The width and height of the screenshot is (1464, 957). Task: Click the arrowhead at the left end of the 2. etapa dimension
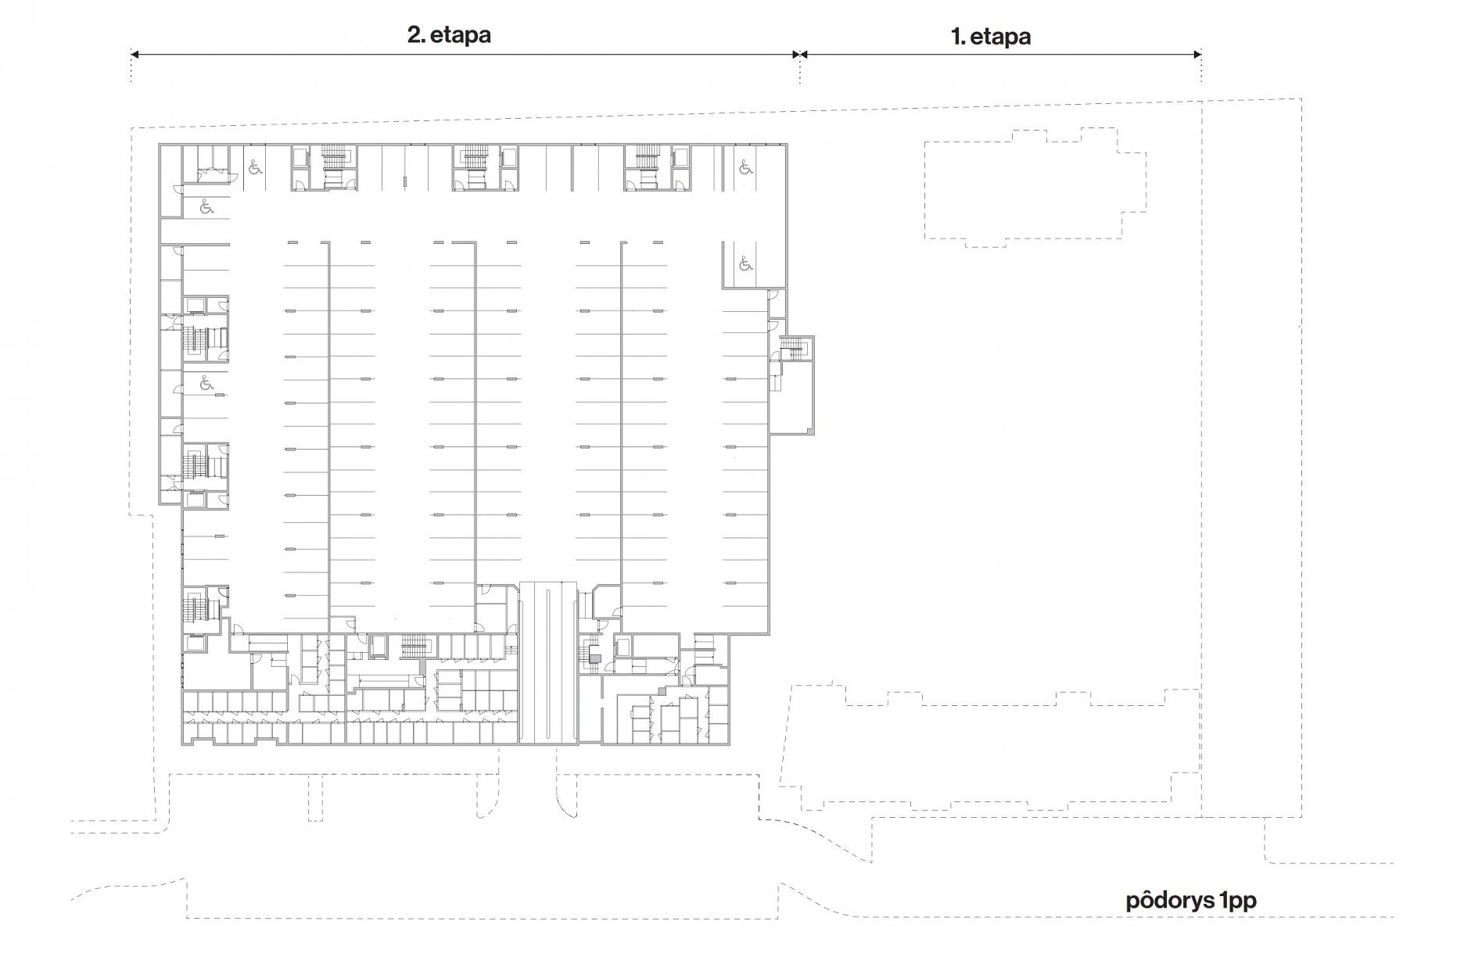point(135,54)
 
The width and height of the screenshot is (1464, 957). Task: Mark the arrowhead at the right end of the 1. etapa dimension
point(1197,54)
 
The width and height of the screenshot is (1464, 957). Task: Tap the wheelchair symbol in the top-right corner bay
point(745,167)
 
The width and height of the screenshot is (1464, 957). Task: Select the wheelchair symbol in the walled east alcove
point(745,264)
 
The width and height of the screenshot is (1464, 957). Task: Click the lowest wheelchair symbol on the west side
point(206,383)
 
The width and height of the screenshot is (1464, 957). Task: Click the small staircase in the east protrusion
point(793,347)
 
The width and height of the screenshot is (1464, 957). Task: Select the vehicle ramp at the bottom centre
point(548,663)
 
